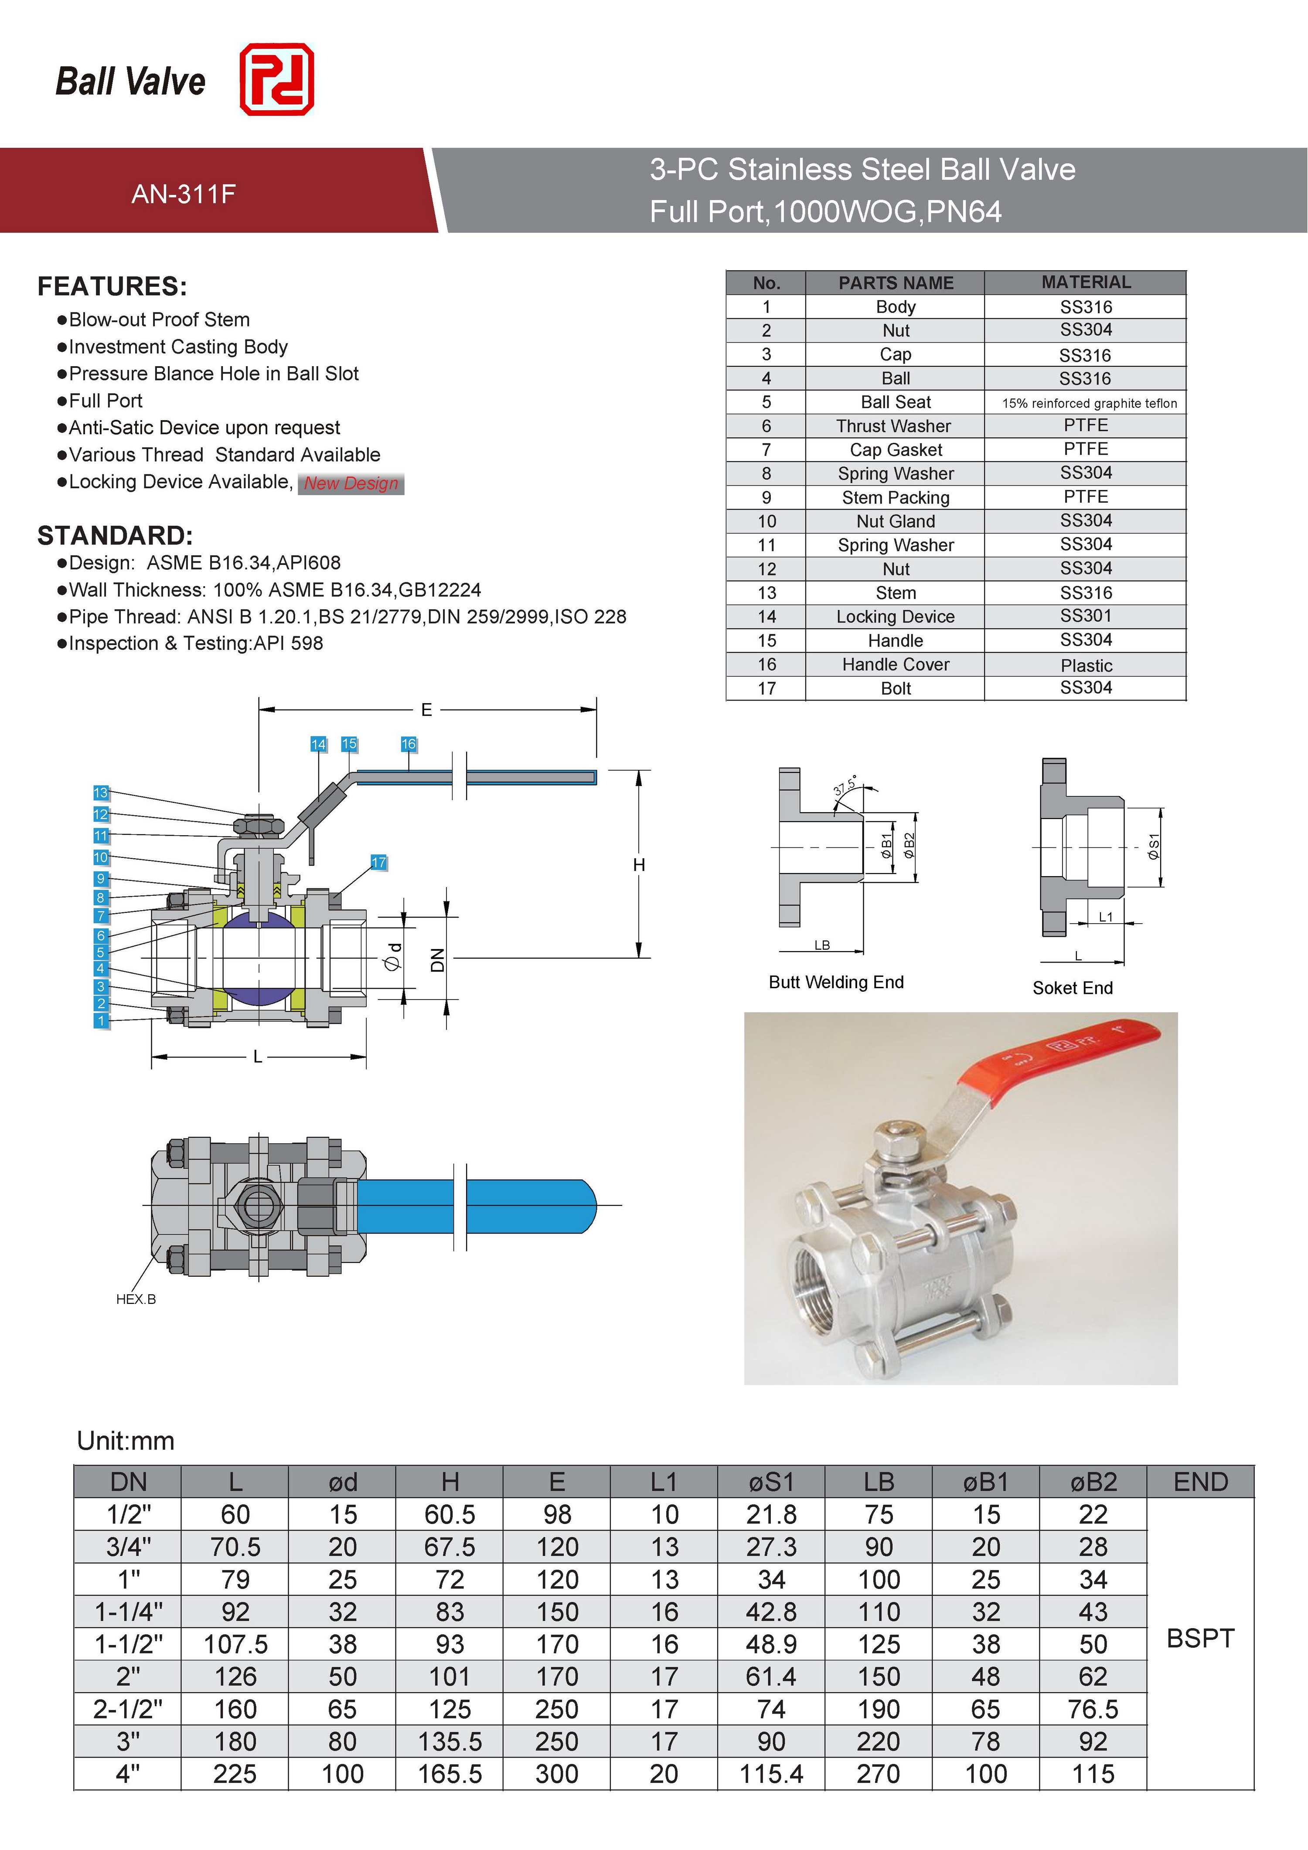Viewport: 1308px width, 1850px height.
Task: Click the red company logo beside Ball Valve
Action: tap(276, 79)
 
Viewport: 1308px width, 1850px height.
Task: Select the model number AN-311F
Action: tap(183, 194)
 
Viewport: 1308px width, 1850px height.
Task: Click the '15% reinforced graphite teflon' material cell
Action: tap(1089, 403)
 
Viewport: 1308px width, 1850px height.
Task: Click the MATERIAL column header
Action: tap(1086, 282)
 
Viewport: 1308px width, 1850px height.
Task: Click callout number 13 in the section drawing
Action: tap(101, 793)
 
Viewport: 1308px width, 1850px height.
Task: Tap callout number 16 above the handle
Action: tap(409, 744)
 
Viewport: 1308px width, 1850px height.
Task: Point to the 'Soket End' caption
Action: tap(1072, 988)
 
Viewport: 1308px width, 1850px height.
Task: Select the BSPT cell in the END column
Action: tap(1200, 1638)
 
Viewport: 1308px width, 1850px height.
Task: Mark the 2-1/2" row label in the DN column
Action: tap(128, 1709)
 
